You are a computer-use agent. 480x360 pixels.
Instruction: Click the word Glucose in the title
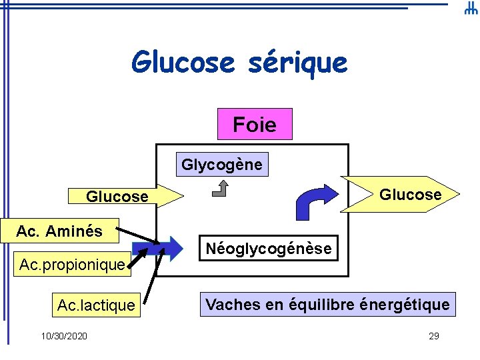point(183,63)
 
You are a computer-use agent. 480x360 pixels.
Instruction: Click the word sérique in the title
point(297,63)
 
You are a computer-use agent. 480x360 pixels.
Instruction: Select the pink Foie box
point(255,124)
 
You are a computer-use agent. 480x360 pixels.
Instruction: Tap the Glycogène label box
point(222,165)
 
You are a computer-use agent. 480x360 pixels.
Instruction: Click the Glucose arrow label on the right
point(410,195)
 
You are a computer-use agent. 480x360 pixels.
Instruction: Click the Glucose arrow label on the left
point(117,197)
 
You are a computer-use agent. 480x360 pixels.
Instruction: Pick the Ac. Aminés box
point(59,231)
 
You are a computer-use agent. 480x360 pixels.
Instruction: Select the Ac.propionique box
point(72,265)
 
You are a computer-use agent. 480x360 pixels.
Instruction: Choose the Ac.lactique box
point(96,305)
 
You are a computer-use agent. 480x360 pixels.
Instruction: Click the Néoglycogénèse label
point(269,249)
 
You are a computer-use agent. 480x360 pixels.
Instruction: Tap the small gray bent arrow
point(219,191)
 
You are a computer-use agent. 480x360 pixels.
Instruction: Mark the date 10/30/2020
point(63,336)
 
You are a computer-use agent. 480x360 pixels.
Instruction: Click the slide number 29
point(433,336)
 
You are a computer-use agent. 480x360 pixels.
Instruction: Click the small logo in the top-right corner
point(470,9)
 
